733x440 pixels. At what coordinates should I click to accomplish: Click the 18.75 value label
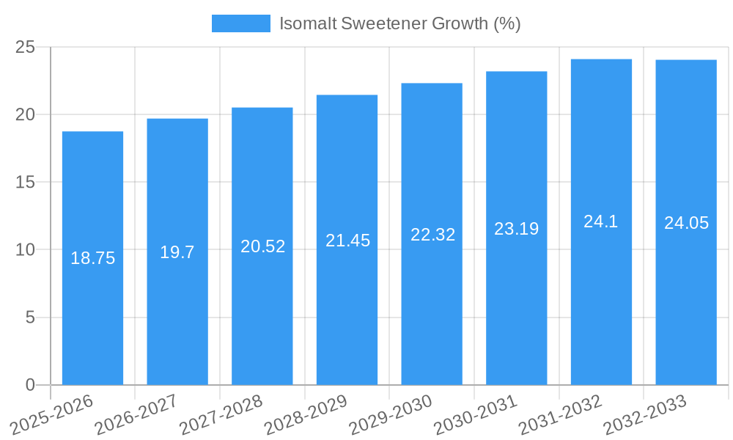point(92,258)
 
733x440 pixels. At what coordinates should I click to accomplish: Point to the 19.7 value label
point(177,252)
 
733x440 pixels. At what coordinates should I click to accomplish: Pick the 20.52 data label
point(262,246)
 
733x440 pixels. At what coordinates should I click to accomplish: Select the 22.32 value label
point(432,235)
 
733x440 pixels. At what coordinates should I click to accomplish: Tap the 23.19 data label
point(516,229)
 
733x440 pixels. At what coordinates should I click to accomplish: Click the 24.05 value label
point(686,223)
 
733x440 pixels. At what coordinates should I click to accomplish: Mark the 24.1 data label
point(601,221)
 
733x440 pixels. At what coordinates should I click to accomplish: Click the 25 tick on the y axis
point(25,47)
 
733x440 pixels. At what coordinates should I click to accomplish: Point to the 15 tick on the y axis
point(25,182)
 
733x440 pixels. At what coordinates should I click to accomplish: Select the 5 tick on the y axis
point(30,318)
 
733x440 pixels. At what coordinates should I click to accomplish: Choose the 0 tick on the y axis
point(30,385)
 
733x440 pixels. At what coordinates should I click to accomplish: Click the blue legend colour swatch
point(240,23)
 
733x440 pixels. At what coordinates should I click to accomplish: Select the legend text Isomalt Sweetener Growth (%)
point(399,23)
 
